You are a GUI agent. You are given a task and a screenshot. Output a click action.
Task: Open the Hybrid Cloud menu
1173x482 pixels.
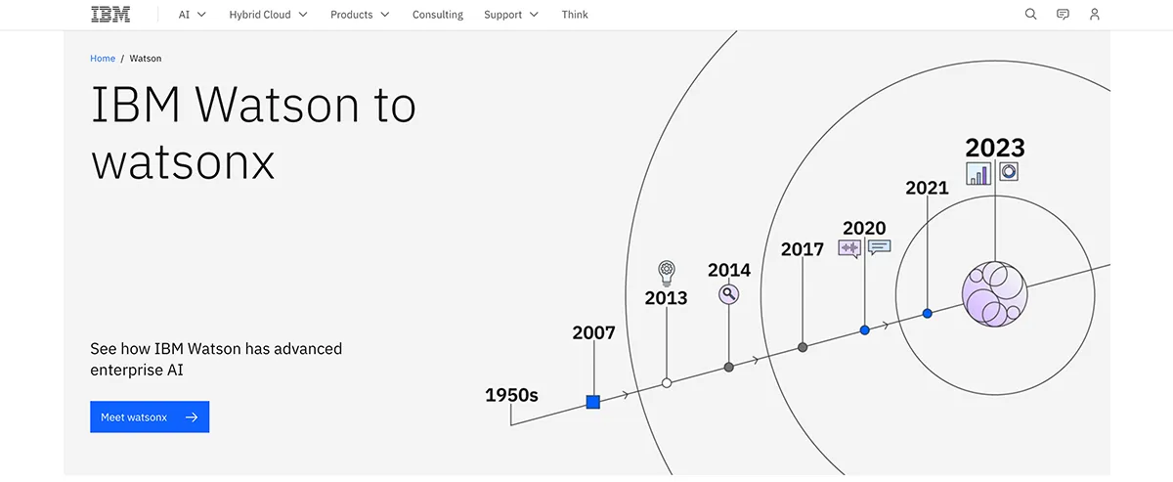(x=268, y=15)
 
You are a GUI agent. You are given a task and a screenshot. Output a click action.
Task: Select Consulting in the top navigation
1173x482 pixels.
(x=437, y=15)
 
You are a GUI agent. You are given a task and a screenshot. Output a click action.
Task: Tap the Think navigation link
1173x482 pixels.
(x=575, y=15)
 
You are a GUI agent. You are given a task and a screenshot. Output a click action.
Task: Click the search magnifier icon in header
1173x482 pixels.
(x=1030, y=15)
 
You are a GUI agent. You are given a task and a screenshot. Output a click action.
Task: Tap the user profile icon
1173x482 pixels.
(x=1095, y=15)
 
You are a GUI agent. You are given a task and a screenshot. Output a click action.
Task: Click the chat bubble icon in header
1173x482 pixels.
(x=1063, y=15)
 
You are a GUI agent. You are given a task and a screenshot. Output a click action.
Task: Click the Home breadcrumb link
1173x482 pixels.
(x=103, y=59)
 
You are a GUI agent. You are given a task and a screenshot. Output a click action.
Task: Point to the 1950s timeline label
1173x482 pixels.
(x=511, y=396)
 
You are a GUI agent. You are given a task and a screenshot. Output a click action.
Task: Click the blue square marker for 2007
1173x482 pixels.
(x=592, y=402)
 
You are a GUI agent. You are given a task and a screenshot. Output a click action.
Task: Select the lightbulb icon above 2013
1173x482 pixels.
(x=667, y=270)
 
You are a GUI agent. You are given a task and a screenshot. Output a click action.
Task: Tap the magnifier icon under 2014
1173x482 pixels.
(x=728, y=293)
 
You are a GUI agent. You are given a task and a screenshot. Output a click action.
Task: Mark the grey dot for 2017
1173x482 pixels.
(x=803, y=347)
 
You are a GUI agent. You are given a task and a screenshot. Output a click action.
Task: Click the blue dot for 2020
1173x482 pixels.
(x=864, y=330)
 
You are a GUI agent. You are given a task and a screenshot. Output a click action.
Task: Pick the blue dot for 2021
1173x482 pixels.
(x=927, y=314)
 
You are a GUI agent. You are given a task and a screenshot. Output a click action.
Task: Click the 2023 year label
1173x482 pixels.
(x=994, y=148)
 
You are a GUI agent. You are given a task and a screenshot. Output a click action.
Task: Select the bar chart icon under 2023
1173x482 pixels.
(x=978, y=173)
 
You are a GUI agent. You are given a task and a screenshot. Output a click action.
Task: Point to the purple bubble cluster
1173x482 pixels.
(x=994, y=294)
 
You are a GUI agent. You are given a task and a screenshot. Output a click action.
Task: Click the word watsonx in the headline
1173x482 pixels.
(x=183, y=162)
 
